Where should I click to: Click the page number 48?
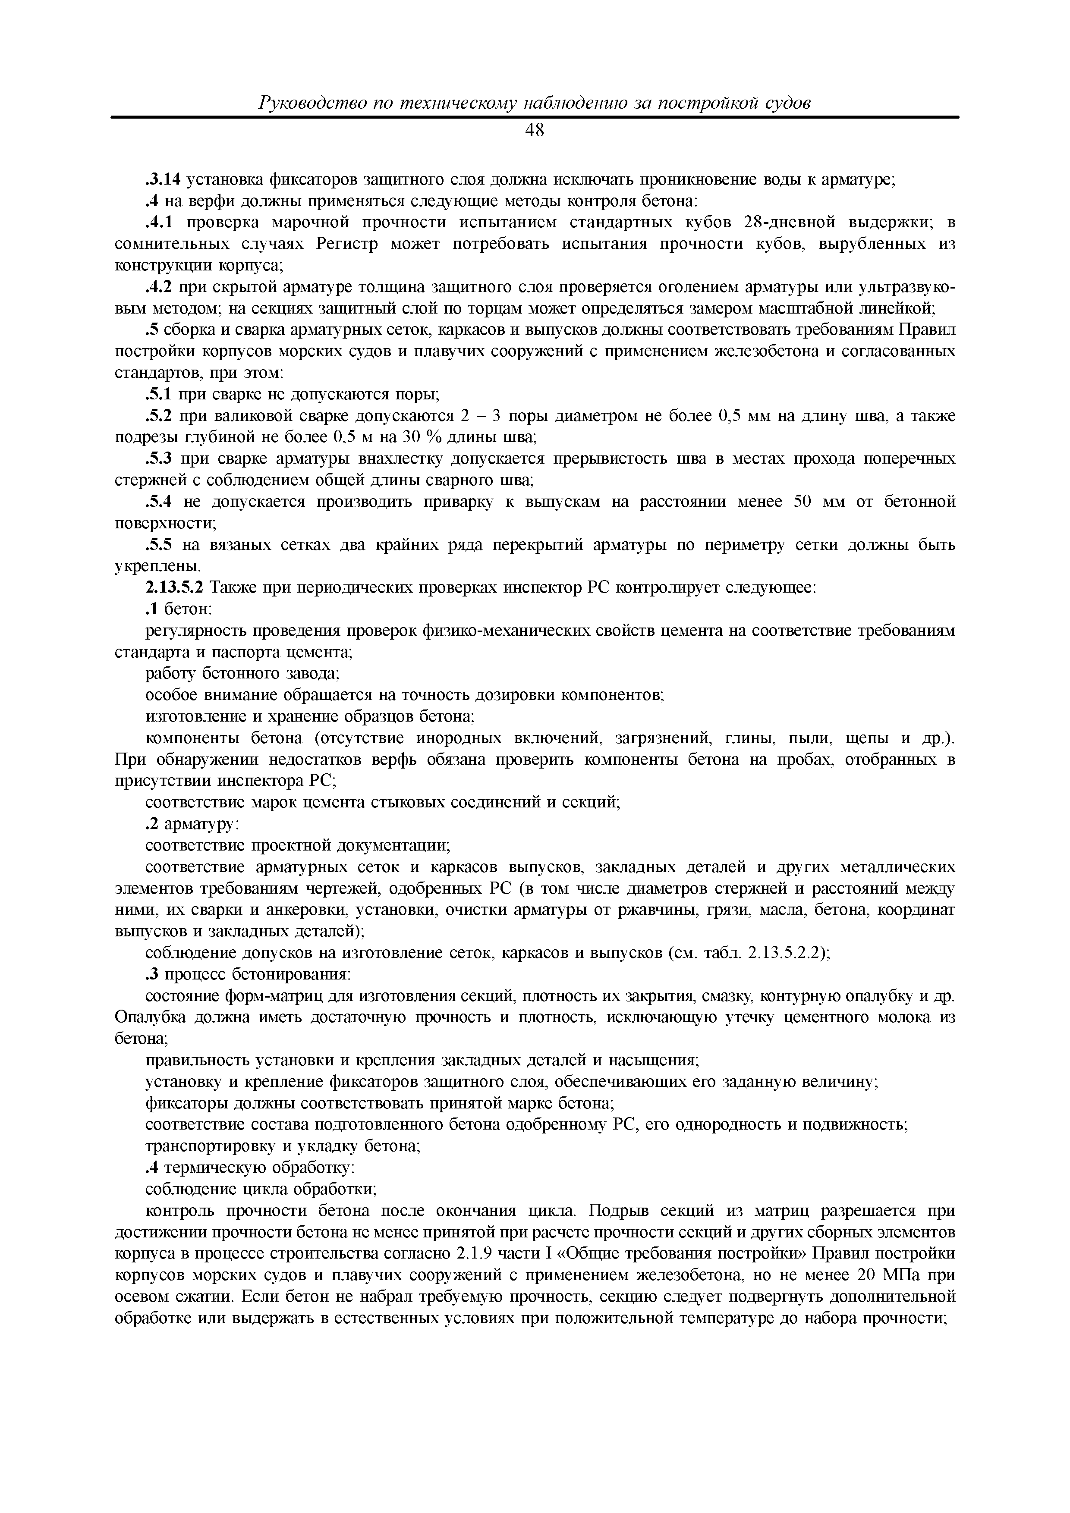pyautogui.click(x=535, y=131)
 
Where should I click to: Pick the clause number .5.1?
pyautogui.click(x=157, y=395)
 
